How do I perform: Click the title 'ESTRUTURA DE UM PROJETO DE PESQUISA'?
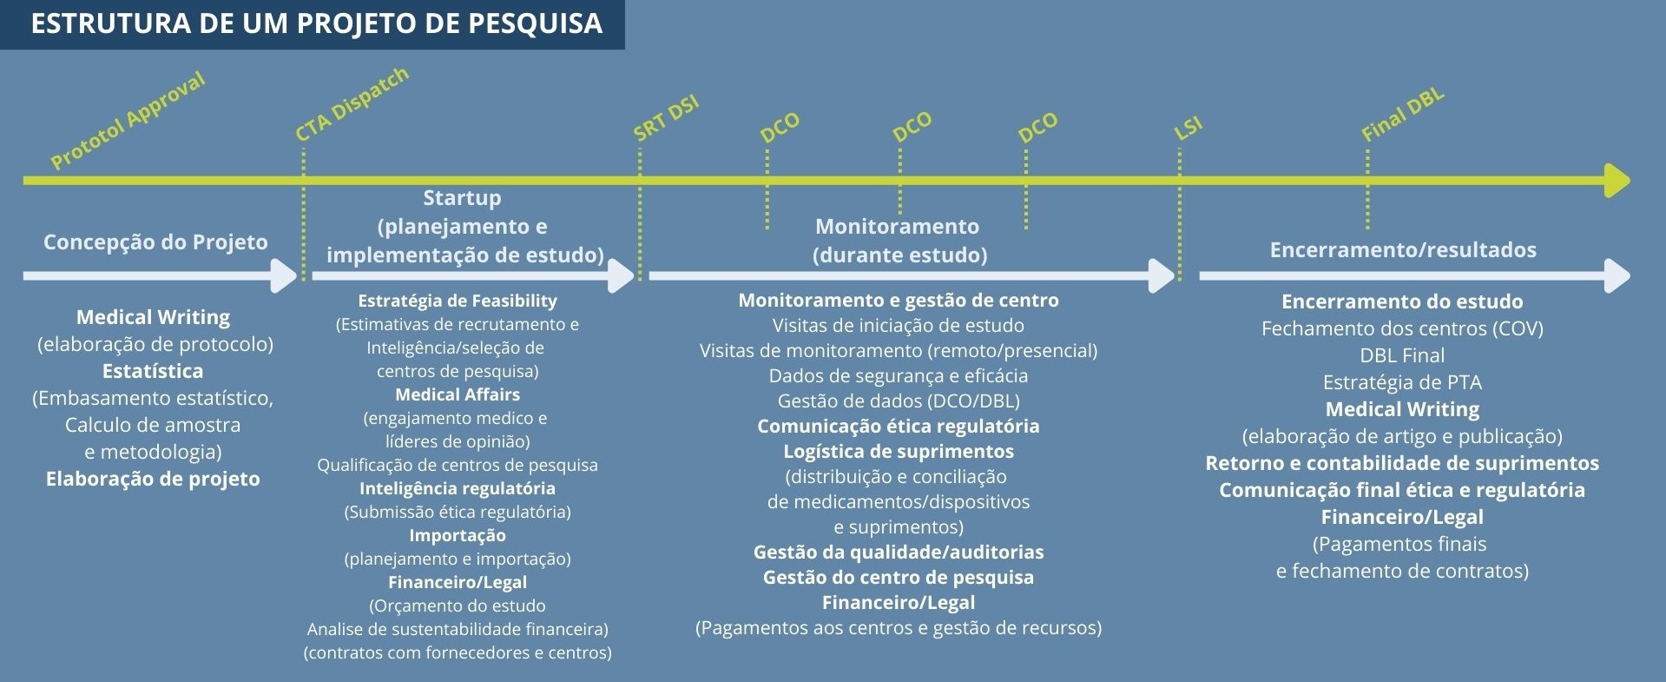pyautogui.click(x=317, y=23)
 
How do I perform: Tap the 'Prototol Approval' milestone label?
pyautogui.click(x=128, y=120)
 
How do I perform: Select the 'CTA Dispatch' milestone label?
pyautogui.click(x=352, y=104)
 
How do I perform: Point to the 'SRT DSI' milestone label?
pyautogui.click(x=666, y=118)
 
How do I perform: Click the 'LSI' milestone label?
pyautogui.click(x=1188, y=128)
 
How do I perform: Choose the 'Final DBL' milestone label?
pyautogui.click(x=1402, y=115)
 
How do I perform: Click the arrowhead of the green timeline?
pyautogui.click(x=1617, y=181)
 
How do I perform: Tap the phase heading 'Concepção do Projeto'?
pyautogui.click(x=155, y=242)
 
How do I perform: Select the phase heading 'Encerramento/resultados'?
pyautogui.click(x=1403, y=250)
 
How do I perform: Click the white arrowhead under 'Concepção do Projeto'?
pyautogui.click(x=284, y=275)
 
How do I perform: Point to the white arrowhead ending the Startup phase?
pyautogui.click(x=622, y=275)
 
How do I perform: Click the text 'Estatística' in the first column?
pyautogui.click(x=153, y=371)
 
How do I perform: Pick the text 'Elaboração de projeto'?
pyautogui.click(x=153, y=479)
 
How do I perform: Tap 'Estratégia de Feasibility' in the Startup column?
pyautogui.click(x=458, y=301)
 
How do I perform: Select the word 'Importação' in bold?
pyautogui.click(x=458, y=535)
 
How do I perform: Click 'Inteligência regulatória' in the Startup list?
pyautogui.click(x=458, y=488)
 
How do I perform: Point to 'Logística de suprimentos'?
pyautogui.click(x=899, y=452)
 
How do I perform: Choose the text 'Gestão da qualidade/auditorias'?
pyautogui.click(x=899, y=553)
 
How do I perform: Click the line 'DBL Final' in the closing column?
pyautogui.click(x=1402, y=355)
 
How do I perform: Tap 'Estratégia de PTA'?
pyautogui.click(x=1402, y=382)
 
